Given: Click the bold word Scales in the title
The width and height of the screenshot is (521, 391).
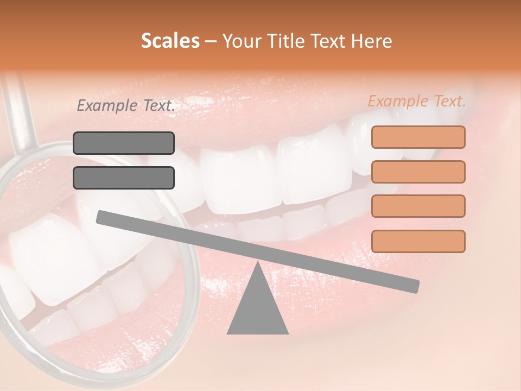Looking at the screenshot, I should (x=170, y=41).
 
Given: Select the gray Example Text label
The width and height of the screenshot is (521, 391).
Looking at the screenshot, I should (x=126, y=106).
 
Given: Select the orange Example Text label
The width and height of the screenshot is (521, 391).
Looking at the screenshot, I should (x=417, y=101).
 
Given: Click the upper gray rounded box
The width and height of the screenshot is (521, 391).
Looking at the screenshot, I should (x=124, y=143).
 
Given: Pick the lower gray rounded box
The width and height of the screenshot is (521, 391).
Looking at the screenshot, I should (x=124, y=178).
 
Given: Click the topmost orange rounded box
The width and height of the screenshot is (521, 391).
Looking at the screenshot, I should (x=418, y=137).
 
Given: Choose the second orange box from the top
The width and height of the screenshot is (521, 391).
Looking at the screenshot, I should (x=418, y=172).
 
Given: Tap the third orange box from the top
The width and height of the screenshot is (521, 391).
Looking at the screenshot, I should (x=418, y=206).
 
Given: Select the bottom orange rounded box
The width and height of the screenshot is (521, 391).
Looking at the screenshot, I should (x=418, y=241).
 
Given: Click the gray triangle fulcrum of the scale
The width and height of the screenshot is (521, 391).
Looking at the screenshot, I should (x=257, y=307).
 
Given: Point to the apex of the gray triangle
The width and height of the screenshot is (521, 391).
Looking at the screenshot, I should (x=257, y=265).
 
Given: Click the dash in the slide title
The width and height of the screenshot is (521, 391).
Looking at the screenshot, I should (x=211, y=41).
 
